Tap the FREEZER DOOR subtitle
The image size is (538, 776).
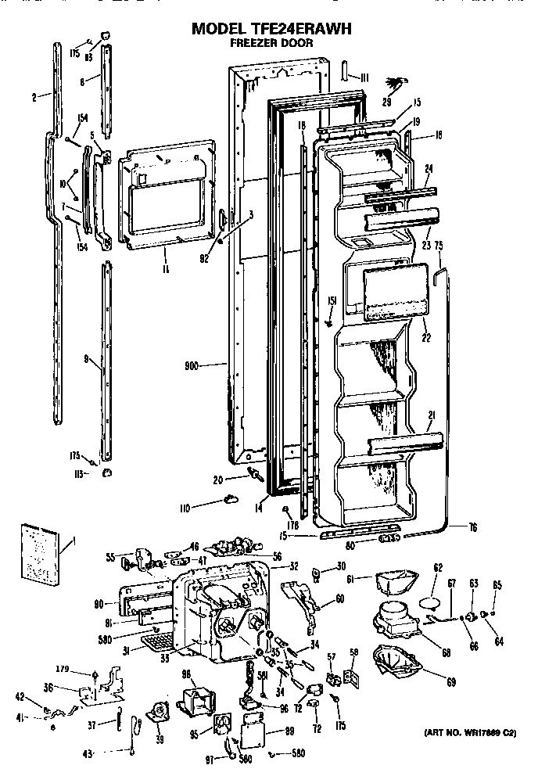(x=271, y=44)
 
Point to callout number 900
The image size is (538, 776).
(x=190, y=365)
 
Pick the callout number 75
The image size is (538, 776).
(x=439, y=245)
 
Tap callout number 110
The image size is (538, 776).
(x=185, y=508)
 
